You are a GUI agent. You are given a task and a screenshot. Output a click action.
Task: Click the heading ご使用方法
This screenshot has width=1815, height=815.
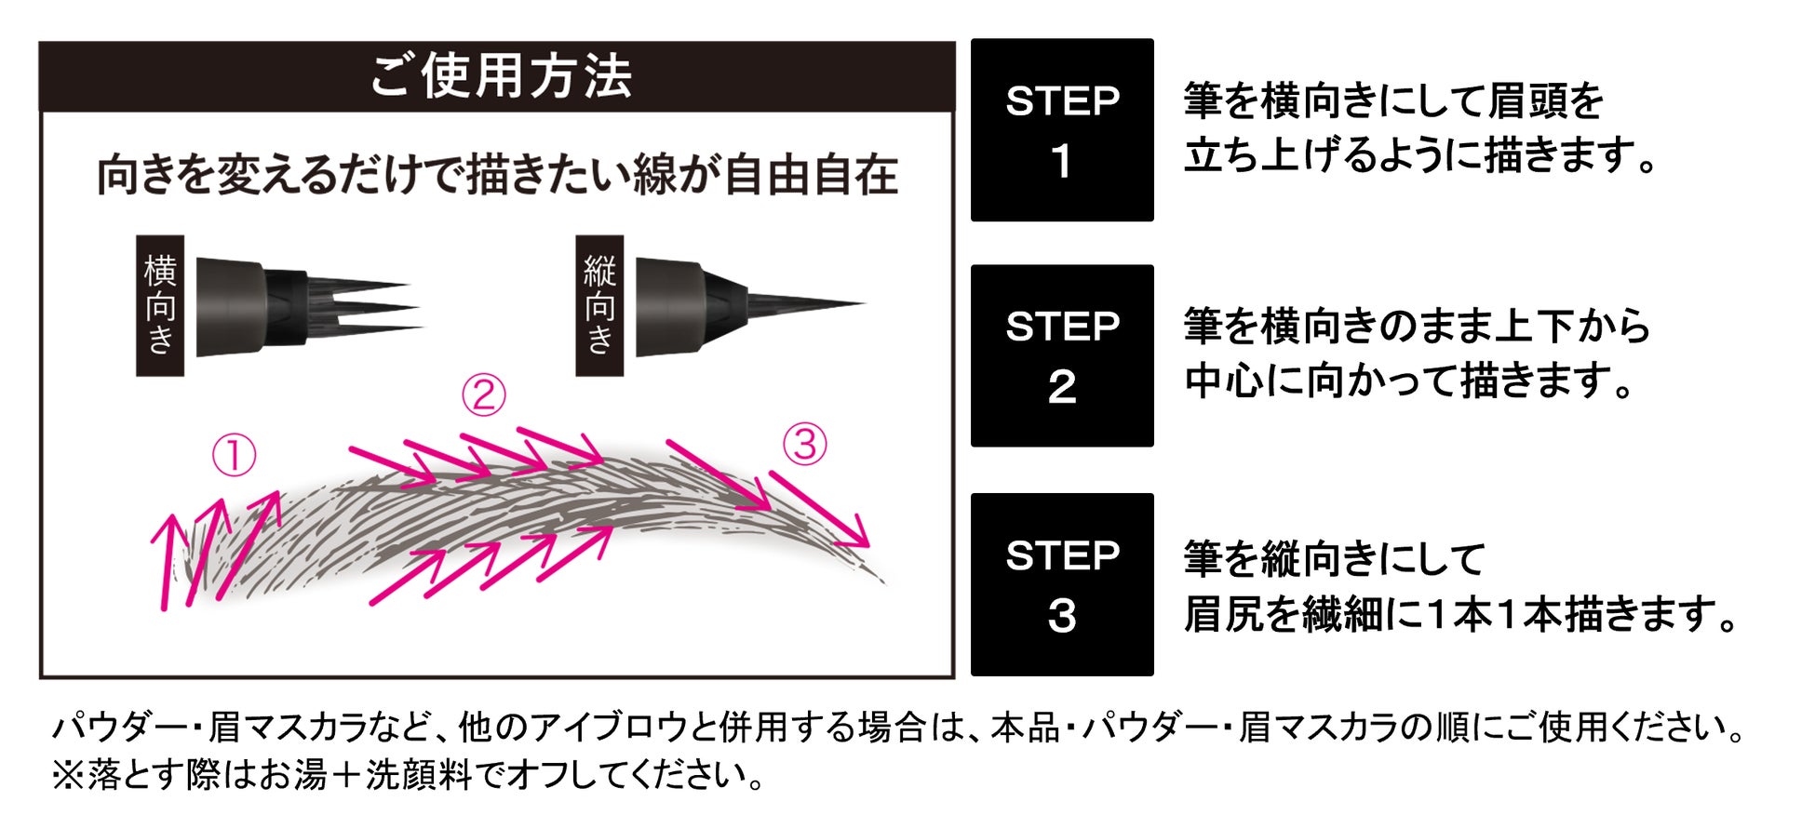501,75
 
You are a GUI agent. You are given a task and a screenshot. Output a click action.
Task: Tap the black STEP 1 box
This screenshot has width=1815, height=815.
1062,130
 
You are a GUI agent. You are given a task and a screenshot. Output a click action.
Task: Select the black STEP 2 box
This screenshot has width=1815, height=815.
1062,356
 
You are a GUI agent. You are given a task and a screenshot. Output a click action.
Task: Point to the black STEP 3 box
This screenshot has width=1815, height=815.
1062,584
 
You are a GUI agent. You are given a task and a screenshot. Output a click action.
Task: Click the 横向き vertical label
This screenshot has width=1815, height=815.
160,305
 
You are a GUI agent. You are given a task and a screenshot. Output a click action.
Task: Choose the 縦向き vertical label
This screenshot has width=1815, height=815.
599,305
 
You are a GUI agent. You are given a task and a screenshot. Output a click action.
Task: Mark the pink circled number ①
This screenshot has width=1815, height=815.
234,456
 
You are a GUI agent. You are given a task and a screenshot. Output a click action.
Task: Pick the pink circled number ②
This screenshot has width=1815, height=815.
484,394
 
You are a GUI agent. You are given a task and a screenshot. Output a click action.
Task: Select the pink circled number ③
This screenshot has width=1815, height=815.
805,444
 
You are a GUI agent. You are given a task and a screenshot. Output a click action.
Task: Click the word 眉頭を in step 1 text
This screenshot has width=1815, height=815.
1546,101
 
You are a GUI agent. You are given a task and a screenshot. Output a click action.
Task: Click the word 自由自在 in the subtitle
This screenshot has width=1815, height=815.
810,176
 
